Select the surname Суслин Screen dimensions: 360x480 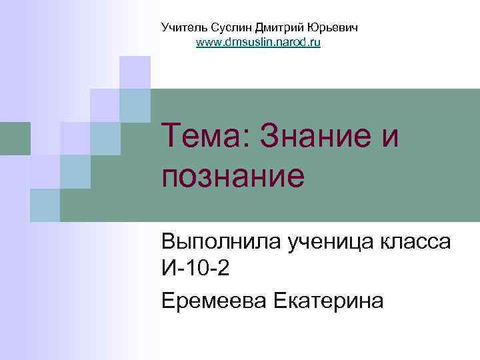pos(227,28)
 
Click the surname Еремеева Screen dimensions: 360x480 pos(213,301)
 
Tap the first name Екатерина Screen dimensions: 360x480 pos(329,301)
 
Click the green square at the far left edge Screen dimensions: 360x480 pos(15,138)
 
